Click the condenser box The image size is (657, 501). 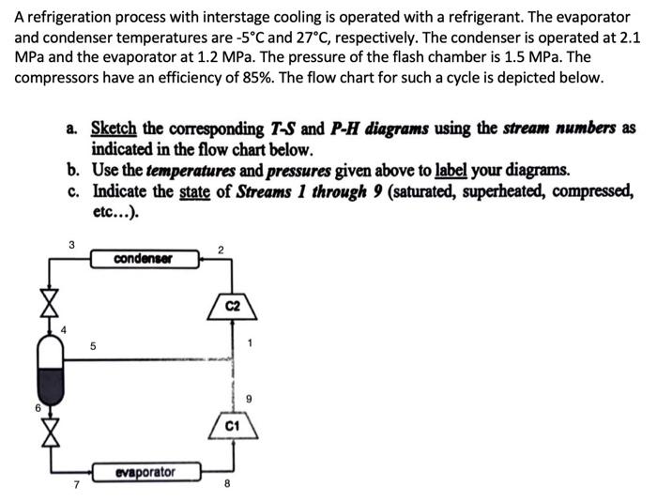144,258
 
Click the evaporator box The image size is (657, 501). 145,472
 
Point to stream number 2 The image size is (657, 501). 220,250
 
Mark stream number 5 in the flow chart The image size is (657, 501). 93,345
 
